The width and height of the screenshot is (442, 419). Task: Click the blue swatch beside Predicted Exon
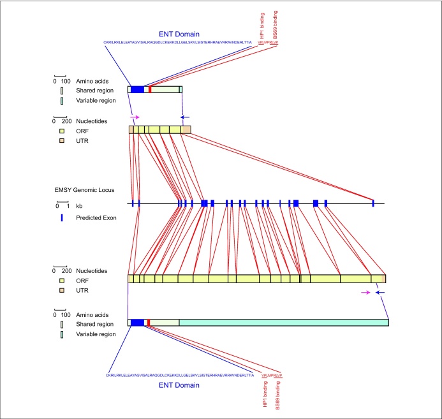pos(62,217)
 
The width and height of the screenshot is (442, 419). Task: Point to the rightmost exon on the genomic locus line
pos(373,203)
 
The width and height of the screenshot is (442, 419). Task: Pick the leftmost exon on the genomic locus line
pos(132,203)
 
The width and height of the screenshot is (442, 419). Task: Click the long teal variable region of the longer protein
pos(283,323)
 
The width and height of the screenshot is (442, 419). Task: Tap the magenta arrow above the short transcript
pos(134,117)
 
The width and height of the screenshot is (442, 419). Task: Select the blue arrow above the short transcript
pos(185,117)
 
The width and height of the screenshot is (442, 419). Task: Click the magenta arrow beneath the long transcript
pos(365,292)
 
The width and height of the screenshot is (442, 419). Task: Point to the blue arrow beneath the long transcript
pos(380,292)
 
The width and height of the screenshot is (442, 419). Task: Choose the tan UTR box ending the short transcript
pos(186,129)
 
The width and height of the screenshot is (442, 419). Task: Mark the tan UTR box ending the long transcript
pos(378,279)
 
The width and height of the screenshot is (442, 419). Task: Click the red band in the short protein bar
pos(149,90)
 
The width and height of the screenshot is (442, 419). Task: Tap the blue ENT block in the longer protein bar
pos(137,323)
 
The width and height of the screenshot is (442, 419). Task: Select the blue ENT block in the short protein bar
pos(137,90)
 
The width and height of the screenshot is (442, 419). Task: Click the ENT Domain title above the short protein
pos(179,34)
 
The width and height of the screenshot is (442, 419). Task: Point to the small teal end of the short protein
pos(180,90)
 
